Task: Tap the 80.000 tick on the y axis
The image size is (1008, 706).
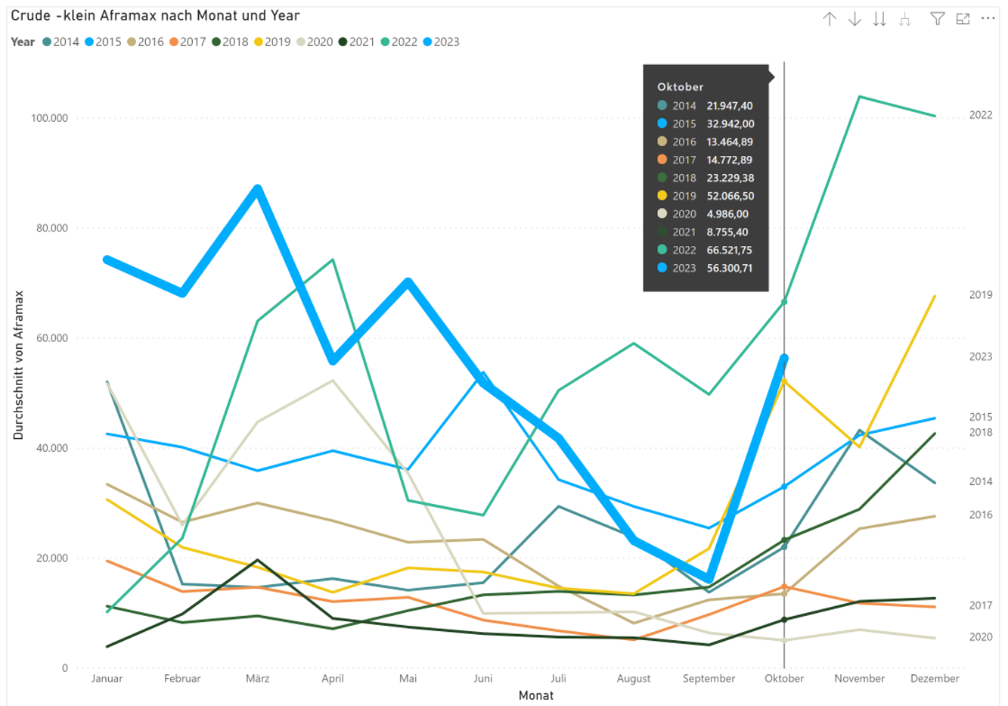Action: pos(52,228)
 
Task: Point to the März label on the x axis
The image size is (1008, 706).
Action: pos(258,678)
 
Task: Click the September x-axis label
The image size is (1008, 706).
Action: pos(709,678)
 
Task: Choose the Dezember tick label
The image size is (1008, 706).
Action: pos(935,678)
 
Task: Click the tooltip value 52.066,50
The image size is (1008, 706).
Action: pos(730,196)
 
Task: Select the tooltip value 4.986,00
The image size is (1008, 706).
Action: pos(727,214)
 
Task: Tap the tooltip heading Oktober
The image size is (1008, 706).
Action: pos(681,87)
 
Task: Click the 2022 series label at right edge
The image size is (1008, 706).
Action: pos(981,115)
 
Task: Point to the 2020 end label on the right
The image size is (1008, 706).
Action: pos(981,637)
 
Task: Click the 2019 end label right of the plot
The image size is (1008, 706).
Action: pos(981,294)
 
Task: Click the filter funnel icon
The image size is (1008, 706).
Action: pos(938,19)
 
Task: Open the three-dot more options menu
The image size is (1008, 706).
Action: pos(988,19)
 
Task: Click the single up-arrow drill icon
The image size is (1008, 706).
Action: pos(830,19)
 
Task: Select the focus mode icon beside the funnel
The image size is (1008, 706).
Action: pos(963,19)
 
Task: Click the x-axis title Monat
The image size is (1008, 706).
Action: pos(536,695)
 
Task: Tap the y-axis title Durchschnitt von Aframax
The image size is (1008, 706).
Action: pos(19,365)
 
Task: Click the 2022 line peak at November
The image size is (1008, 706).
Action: pos(860,97)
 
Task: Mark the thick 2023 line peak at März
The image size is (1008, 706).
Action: pos(258,189)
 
